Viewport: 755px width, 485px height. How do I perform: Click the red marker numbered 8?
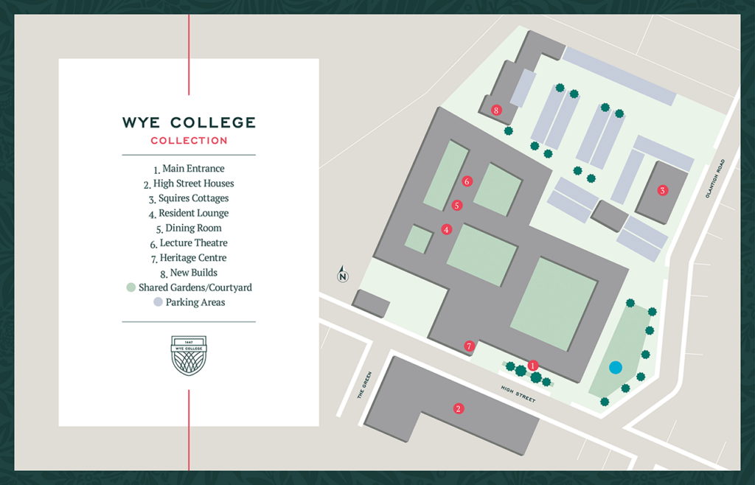tap(497, 111)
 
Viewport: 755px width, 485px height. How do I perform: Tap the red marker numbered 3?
tap(662, 191)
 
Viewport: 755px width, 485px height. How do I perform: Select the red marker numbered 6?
tap(466, 181)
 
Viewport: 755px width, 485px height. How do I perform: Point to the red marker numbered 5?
tap(457, 205)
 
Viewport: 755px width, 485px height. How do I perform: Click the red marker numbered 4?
tap(446, 229)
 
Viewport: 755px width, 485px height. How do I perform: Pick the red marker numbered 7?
tap(469, 346)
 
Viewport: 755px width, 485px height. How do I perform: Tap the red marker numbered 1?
tap(533, 365)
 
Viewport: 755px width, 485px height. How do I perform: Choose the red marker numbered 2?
tap(458, 408)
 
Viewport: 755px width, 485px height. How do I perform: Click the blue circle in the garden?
tap(616, 366)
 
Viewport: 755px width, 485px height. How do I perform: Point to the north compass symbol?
tap(343, 275)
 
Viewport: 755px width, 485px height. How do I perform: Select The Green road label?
tap(363, 385)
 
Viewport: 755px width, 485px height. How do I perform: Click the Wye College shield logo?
tap(189, 355)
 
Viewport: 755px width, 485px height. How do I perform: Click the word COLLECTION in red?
tap(189, 140)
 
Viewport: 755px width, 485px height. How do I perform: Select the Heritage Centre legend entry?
tap(189, 258)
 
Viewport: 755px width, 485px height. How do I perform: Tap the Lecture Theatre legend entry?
tap(189, 243)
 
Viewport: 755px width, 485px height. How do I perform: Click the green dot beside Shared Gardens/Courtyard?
tap(131, 287)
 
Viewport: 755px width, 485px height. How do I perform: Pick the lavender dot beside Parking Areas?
tap(158, 302)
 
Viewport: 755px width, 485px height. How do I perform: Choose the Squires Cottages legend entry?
tap(189, 198)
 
